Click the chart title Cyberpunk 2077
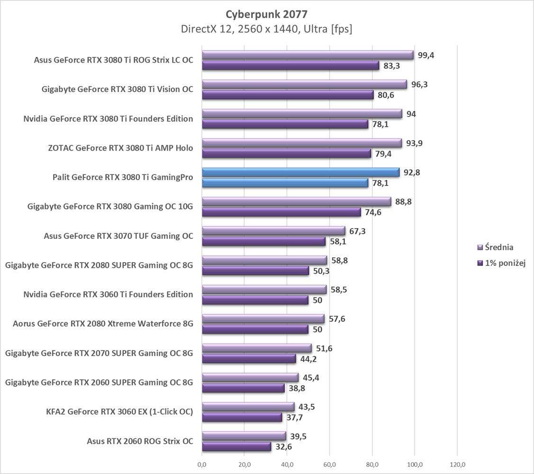267,14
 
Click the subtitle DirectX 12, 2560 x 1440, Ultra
267,29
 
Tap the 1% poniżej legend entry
504,263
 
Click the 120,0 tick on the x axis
457,464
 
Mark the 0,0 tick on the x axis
202,464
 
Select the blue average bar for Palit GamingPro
301,173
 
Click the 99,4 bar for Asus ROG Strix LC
308,55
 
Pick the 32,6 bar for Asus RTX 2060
237,447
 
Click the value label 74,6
373,212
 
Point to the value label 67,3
357,231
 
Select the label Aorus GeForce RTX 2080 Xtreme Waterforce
103,324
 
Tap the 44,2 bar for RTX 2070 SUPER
249,359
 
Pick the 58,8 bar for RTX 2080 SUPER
264,260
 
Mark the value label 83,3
391,66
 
